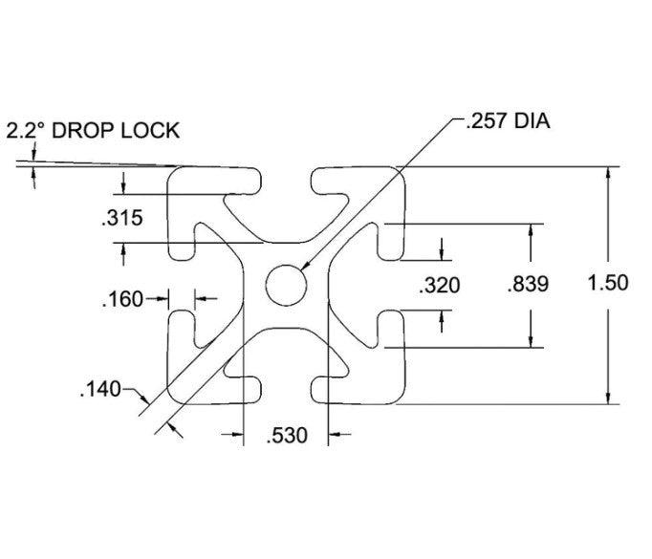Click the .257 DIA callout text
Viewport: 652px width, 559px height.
pos(508,121)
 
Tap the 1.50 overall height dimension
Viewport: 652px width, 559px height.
pos(608,283)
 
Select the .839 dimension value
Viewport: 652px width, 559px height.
pos(528,285)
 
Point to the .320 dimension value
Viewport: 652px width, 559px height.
pos(440,286)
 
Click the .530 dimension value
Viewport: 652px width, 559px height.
pos(287,436)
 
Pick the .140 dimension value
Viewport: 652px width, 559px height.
pos(100,390)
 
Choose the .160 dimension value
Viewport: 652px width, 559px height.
pos(122,299)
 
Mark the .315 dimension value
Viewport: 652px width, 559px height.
pos(121,218)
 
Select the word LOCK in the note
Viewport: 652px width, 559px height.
pos(150,131)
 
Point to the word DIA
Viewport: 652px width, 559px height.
pos(532,121)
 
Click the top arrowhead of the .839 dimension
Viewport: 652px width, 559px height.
pos(531,229)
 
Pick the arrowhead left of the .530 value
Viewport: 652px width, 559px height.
pos(237,435)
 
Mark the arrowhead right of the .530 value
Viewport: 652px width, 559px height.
pos(335,435)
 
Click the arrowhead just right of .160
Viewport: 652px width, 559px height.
pos(201,298)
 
